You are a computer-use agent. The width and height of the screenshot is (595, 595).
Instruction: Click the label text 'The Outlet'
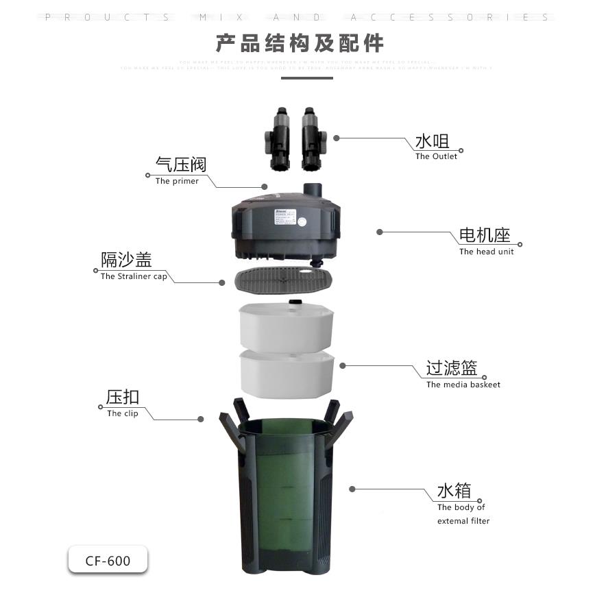(x=436, y=156)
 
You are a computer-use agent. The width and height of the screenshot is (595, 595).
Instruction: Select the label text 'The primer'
(x=177, y=181)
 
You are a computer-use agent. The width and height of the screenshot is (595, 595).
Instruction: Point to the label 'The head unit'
(x=486, y=252)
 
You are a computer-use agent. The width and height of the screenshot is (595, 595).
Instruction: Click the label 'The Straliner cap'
(x=134, y=276)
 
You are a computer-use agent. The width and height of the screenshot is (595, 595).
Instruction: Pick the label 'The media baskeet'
(x=463, y=385)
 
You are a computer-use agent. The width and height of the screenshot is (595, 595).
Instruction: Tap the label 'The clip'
(x=123, y=413)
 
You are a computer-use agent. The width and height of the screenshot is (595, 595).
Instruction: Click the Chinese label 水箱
(x=454, y=491)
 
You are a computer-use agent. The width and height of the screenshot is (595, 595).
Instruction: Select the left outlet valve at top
(x=278, y=139)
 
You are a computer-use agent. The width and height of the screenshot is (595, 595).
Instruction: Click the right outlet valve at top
(x=310, y=139)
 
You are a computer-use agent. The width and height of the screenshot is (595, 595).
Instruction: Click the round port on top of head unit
(x=315, y=189)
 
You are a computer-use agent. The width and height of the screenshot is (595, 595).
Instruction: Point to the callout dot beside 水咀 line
(x=337, y=138)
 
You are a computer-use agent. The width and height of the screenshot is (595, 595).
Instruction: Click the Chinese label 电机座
(x=485, y=236)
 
